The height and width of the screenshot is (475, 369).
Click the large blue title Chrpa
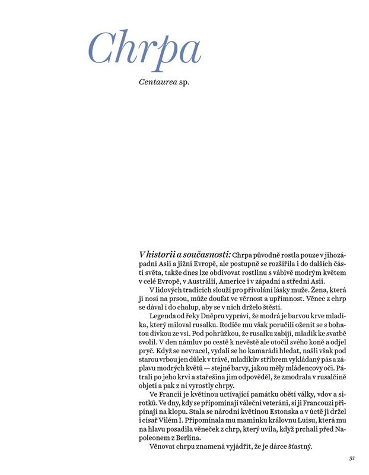pos(145,46)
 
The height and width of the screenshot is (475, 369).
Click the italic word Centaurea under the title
pos(158,80)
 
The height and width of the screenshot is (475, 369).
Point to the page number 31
pos(352,458)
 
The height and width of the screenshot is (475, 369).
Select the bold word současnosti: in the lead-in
pos(206,254)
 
